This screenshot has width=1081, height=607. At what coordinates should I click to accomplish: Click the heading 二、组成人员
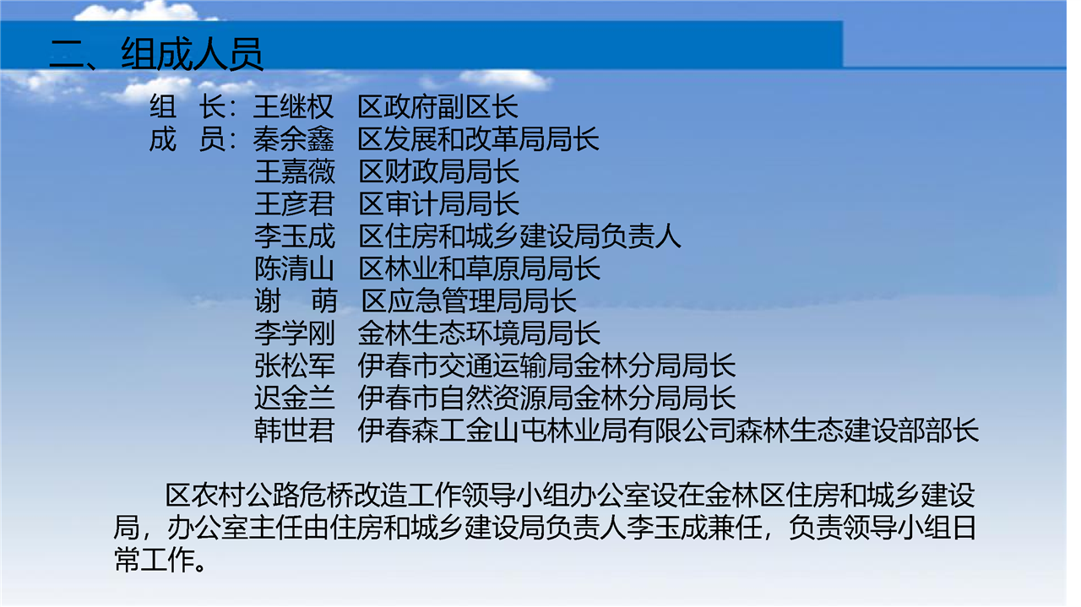tap(156, 54)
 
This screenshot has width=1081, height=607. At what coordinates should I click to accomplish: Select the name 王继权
tap(293, 106)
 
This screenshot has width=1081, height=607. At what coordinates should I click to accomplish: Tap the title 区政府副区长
tap(437, 106)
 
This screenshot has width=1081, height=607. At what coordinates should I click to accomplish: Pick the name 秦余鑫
tap(293, 139)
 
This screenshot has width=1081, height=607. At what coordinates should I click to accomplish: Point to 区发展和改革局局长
tap(478, 139)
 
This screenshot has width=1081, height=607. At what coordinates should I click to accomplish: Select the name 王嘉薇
tap(295, 171)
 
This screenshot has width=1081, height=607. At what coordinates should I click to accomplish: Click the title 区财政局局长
tap(438, 171)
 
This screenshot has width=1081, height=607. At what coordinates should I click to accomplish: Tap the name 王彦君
tap(295, 204)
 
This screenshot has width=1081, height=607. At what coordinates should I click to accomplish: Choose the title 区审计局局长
tap(438, 204)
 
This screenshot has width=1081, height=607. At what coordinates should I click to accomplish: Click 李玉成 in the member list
tap(295, 236)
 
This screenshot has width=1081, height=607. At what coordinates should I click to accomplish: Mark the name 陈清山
tap(295, 268)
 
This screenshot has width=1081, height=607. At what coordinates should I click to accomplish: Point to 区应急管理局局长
tap(469, 301)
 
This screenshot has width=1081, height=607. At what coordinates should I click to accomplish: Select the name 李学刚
tap(295, 333)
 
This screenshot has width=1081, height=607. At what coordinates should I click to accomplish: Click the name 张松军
tap(295, 366)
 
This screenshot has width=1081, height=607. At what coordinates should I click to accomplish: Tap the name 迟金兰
tap(295, 398)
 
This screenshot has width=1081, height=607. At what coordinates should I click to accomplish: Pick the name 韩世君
tap(295, 431)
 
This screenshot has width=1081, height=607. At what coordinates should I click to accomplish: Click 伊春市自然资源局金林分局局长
tap(546, 398)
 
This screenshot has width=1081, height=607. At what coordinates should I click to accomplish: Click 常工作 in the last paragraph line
tap(154, 561)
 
